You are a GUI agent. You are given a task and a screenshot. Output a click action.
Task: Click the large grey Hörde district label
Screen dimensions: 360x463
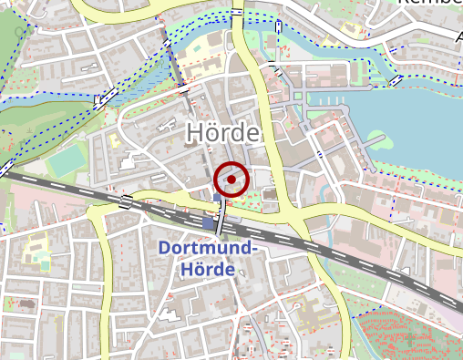point(222,132)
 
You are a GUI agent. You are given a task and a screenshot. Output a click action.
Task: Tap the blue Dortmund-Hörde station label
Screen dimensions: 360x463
point(209,259)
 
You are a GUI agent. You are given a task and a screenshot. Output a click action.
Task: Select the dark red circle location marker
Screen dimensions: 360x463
point(233,180)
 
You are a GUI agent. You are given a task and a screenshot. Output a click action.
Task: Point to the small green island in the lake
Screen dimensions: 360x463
point(378,141)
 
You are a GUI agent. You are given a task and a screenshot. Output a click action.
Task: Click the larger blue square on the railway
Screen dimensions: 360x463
point(209,223)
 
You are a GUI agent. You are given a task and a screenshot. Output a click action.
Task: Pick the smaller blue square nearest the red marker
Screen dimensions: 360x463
point(216,197)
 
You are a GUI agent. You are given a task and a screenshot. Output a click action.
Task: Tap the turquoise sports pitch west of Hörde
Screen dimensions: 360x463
point(66,161)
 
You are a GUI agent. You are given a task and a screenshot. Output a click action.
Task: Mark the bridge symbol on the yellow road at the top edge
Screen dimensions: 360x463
point(237,13)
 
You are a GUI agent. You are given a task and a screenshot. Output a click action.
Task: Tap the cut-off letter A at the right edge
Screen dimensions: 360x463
point(457,37)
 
